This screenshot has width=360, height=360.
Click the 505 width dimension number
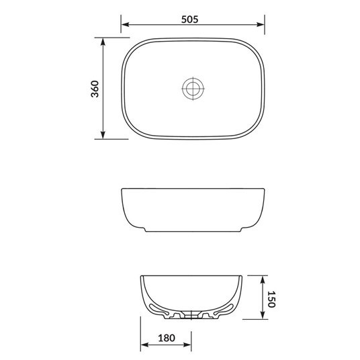pyautogui.click(x=192, y=19)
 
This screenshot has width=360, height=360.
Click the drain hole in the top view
pyautogui.click(x=193, y=88)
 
